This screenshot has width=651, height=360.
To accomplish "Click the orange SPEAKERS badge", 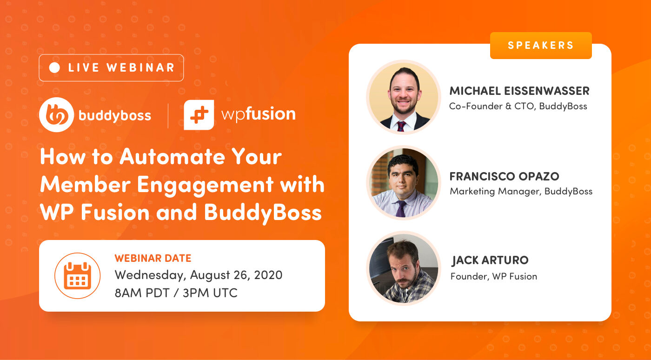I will click(x=541, y=46).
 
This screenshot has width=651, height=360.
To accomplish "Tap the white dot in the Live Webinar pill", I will click(x=54, y=68).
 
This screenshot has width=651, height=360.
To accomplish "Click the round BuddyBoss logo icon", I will click(x=56, y=115).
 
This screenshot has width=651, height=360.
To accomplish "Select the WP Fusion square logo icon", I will click(x=199, y=115).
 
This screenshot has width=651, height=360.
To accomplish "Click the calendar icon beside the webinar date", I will click(x=77, y=276).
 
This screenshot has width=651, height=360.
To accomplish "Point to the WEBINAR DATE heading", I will click(x=153, y=259).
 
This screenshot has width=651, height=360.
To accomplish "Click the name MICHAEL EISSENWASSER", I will click(x=519, y=91).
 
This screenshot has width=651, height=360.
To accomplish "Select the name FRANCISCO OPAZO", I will click(x=504, y=176).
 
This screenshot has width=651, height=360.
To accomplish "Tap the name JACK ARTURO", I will click(x=490, y=260).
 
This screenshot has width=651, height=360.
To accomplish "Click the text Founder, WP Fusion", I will click(x=494, y=276).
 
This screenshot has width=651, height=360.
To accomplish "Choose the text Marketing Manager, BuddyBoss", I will click(x=521, y=191).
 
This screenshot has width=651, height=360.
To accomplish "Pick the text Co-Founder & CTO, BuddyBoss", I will click(x=518, y=106).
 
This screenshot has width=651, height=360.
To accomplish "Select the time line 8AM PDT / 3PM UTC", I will click(x=176, y=293).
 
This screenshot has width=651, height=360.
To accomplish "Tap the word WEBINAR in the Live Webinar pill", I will click(x=140, y=68).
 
